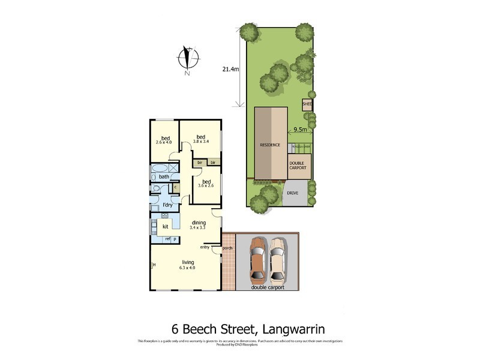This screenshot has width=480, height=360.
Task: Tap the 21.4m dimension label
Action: pos(230,69)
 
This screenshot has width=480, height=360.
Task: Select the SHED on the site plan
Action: pos(307,104)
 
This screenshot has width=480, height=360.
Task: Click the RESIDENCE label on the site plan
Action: pos(270,145)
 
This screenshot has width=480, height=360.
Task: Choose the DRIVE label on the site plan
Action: pos(292,193)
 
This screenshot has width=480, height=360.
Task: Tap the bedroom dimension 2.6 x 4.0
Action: pos(164,143)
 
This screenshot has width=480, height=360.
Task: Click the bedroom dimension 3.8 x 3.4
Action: pos(201,141)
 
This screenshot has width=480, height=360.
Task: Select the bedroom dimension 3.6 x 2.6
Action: pos(206,186)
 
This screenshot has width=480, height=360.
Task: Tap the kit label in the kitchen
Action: pos(165,227)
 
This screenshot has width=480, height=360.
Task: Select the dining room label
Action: pos(198,223)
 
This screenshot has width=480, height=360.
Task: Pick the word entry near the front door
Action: pos(205,247)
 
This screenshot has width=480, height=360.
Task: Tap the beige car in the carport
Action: pos(277,260)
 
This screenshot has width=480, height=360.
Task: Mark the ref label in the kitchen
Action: pos(160,239)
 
